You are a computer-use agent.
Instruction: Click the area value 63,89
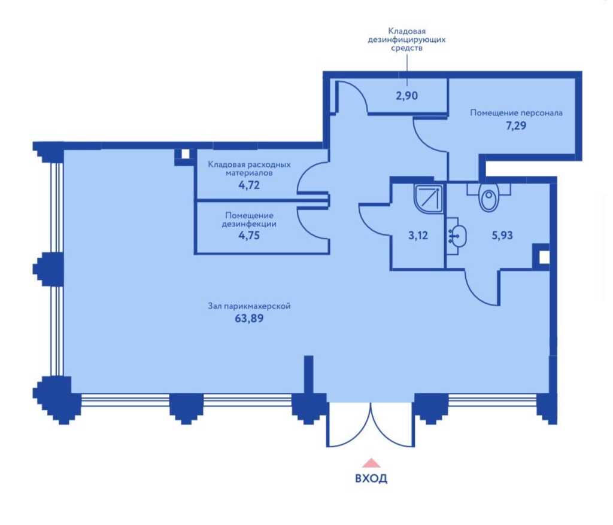[x=249, y=318]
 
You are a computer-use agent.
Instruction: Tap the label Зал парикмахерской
[x=249, y=306]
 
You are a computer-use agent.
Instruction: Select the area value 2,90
[x=406, y=96]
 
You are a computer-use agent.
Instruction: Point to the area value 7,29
[x=516, y=126]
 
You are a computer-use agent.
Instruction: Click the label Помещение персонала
[x=516, y=113]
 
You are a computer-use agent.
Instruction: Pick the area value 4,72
[x=249, y=185]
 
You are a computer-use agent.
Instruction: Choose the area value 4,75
[x=249, y=236]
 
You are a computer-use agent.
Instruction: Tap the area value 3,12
[x=418, y=236]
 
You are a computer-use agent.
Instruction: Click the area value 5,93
[x=502, y=236]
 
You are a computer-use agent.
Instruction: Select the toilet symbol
[x=488, y=197]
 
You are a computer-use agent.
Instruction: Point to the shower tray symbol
[x=428, y=199]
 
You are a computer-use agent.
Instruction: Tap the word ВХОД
[x=371, y=478]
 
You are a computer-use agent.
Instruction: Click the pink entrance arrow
[x=371, y=463]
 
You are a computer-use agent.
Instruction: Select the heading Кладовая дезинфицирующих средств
[x=406, y=39]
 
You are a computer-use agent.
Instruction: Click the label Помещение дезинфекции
[x=249, y=219]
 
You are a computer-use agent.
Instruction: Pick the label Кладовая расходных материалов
[x=249, y=169]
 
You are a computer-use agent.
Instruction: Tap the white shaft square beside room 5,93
[x=544, y=257]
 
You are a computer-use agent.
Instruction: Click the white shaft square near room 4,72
[x=186, y=154]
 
